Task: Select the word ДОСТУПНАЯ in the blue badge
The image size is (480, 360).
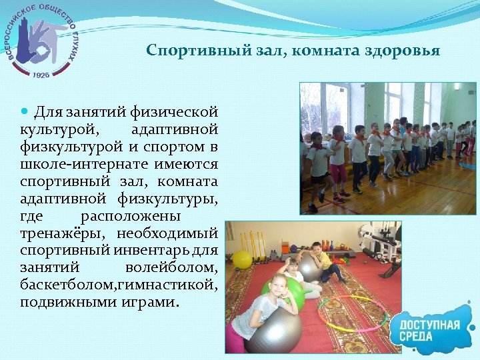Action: pos(431,325)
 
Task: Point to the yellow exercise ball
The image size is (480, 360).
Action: pos(242,259)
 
